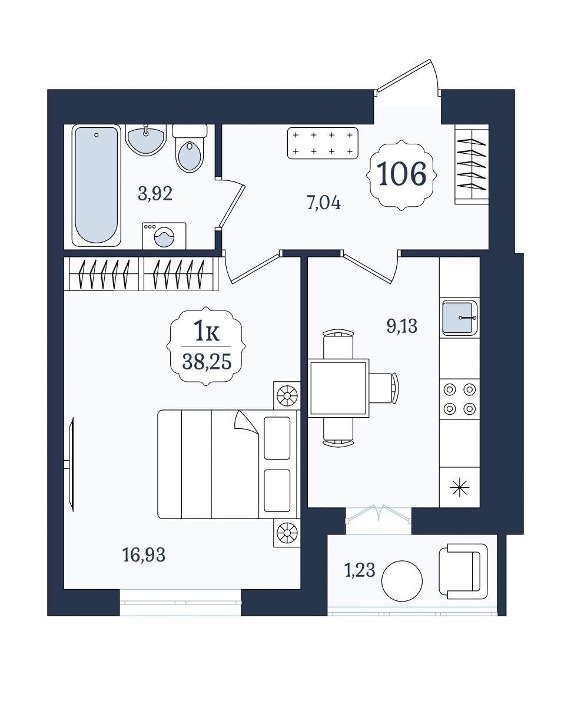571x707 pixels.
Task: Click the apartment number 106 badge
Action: (401, 175)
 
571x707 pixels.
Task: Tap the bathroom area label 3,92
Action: (155, 194)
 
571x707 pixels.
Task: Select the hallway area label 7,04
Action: (324, 203)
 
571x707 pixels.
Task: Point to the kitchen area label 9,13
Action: (401, 326)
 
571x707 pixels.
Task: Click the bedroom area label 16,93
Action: (144, 554)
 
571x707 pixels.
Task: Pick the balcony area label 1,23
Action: (360, 570)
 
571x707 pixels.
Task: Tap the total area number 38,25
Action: (207, 362)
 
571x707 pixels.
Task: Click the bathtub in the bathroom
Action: (96, 185)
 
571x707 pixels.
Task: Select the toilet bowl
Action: (190, 148)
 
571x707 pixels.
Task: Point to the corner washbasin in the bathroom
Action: (146, 140)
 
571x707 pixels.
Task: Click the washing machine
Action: (164, 235)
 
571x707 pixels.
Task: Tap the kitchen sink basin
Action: (459, 318)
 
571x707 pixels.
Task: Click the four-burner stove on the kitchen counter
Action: (460, 399)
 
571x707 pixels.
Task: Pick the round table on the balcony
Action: (402, 581)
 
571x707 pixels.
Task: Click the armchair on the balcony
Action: (463, 571)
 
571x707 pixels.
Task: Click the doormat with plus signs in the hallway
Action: (323, 143)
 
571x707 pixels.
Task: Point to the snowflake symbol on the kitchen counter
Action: (460, 488)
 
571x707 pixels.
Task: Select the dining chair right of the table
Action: (384, 388)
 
